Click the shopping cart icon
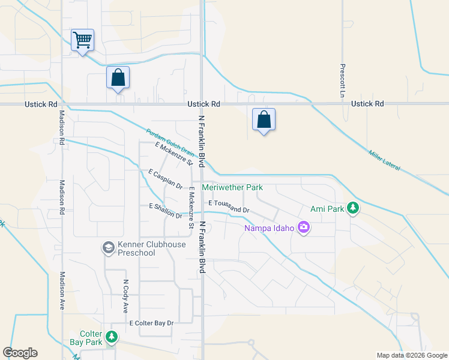[x=82, y=40]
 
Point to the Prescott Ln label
[x=342, y=82]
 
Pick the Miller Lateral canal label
[x=384, y=160]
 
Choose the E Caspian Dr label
[x=165, y=179]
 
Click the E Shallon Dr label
[x=165, y=211]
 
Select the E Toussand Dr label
[x=229, y=206]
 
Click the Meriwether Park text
[x=232, y=187]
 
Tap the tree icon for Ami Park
[x=354, y=208]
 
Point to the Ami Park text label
[x=327, y=209]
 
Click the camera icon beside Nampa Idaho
[x=304, y=227]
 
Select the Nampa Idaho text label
[x=269, y=228]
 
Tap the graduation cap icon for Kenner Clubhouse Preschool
[x=108, y=247]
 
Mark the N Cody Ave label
[x=126, y=296]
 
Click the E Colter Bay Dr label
[x=152, y=323]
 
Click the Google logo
[x=20, y=353]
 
